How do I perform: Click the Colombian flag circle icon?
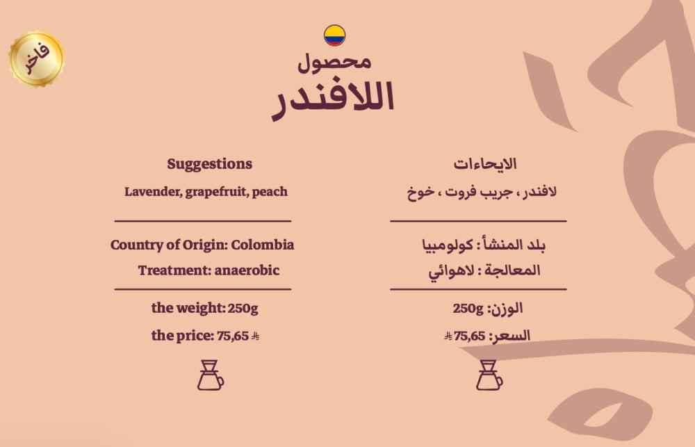[335, 35]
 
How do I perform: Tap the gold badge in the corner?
[36, 58]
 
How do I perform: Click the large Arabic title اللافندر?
[333, 99]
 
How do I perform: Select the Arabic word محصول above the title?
[334, 62]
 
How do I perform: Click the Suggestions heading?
[210, 164]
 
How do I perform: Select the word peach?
[270, 192]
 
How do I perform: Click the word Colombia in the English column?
[263, 245]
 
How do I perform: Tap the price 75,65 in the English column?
[233, 336]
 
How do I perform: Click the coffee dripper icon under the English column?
[211, 375]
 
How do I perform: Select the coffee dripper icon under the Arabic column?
[489, 375]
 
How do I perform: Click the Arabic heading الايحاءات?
[485, 164]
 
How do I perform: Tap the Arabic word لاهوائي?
[451, 270]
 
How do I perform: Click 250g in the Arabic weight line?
[468, 308]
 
